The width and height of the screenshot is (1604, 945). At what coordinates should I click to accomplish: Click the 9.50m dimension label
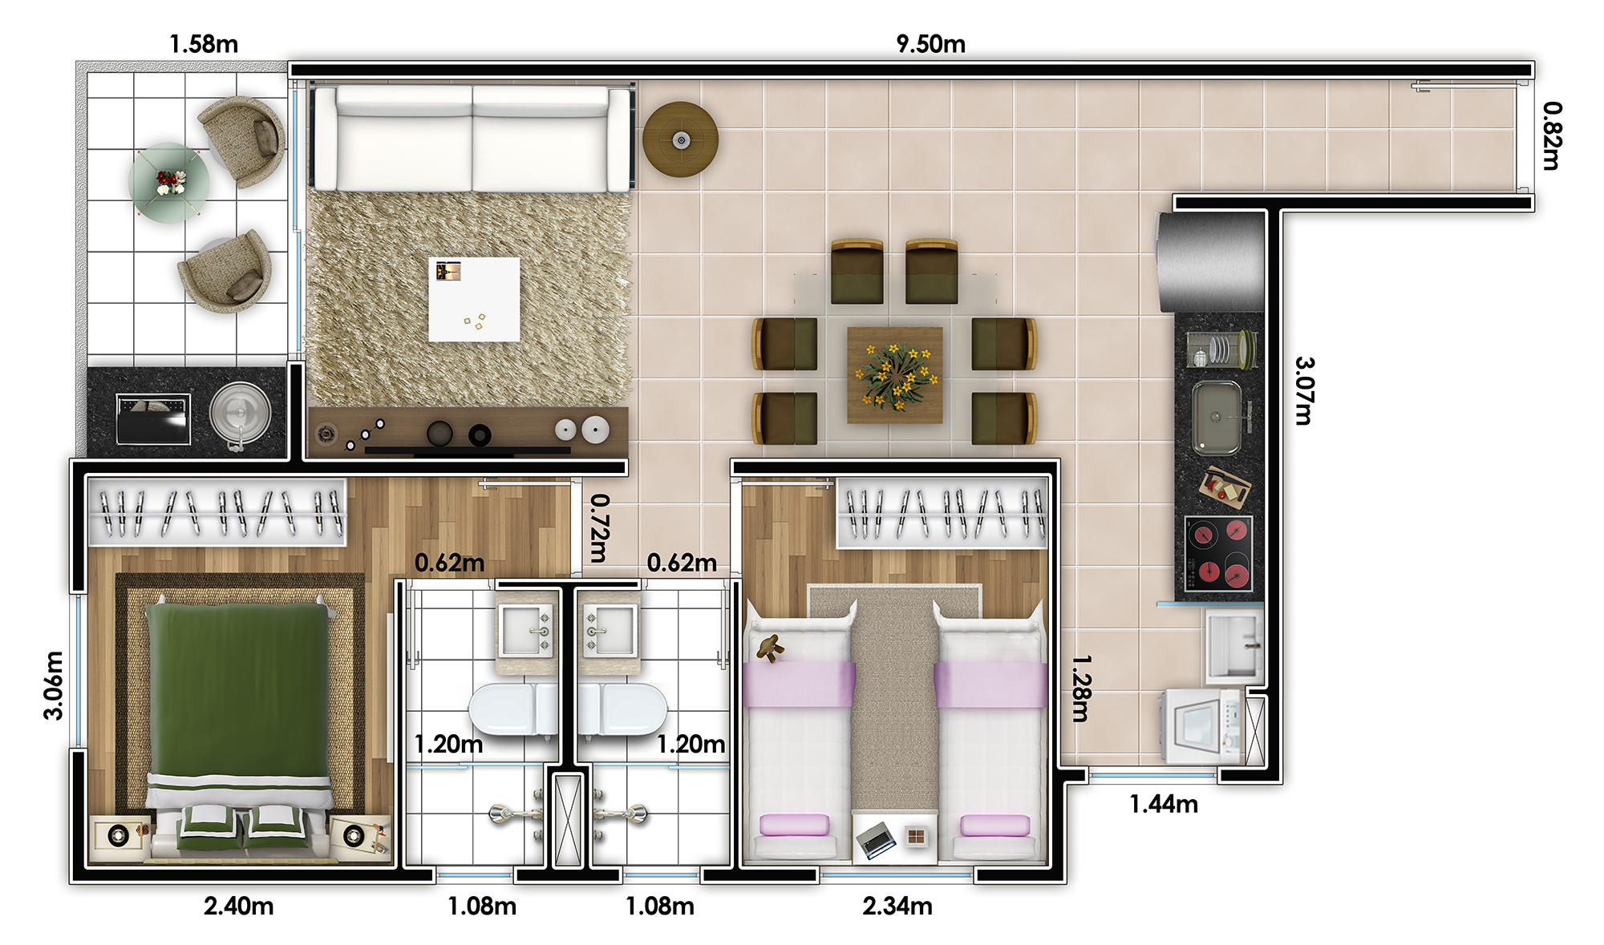[930, 43]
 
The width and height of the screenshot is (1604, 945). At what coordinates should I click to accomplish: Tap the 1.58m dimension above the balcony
[204, 43]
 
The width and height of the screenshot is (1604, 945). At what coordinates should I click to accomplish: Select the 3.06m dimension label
[53, 686]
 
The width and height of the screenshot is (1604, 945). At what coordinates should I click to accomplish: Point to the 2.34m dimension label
[897, 906]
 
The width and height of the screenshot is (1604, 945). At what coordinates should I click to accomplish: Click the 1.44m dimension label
[1164, 803]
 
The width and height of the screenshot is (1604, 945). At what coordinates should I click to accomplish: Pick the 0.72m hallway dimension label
[599, 527]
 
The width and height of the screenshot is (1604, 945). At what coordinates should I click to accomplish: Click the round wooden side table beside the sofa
[680, 139]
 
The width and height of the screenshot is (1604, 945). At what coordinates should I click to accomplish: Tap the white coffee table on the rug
[474, 299]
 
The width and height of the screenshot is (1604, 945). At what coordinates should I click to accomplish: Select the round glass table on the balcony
[169, 182]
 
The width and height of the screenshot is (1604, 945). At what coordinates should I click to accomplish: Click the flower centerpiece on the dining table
[896, 374]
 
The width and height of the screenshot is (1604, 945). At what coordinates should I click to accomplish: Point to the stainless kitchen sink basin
[1217, 417]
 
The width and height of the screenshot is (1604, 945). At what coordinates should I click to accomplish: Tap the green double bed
[239, 725]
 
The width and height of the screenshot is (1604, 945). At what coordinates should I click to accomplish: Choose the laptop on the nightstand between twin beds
[876, 839]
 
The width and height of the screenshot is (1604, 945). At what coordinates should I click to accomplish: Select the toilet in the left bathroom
[513, 709]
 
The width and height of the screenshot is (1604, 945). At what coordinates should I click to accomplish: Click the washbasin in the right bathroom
[609, 631]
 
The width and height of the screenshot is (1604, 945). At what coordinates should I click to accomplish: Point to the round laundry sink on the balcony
[240, 414]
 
